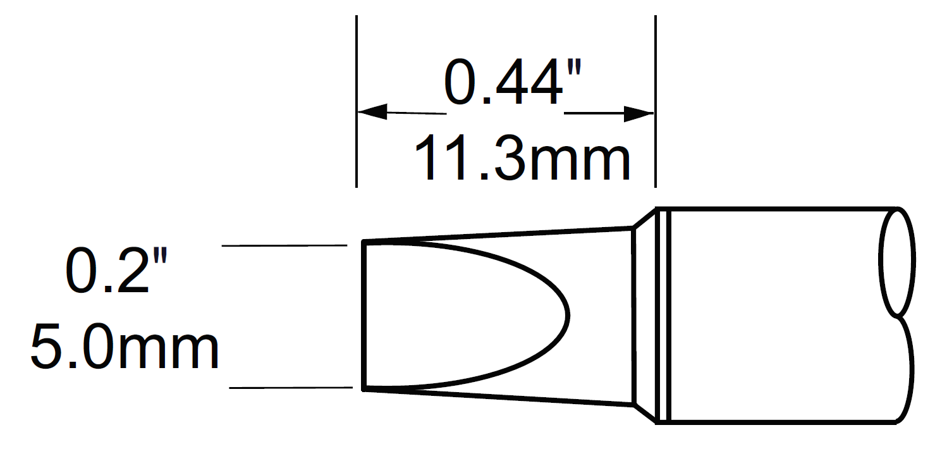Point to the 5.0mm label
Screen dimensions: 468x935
(125, 348)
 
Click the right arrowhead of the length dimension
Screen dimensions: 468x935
(639, 114)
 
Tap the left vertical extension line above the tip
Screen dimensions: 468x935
(357, 63)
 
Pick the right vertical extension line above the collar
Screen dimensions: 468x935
(655, 63)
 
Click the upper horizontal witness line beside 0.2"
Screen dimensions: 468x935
(284, 245)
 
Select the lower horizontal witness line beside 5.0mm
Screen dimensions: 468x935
(291, 388)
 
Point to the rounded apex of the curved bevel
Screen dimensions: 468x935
(567, 315)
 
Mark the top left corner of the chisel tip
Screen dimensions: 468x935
(364, 242)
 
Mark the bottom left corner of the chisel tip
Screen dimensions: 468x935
(364, 389)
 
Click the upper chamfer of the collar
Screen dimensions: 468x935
(644, 218)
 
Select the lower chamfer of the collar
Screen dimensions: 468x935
(644, 413)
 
